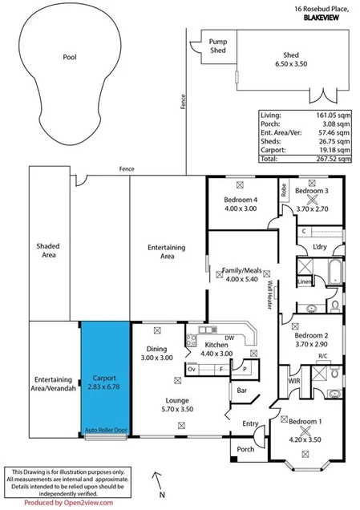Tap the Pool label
tap(69, 58)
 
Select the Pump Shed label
tap(217, 46)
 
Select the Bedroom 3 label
tap(312, 192)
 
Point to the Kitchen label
tap(216, 345)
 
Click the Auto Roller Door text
tap(106, 431)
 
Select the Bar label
tap(240, 392)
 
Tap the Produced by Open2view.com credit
tap(68, 503)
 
